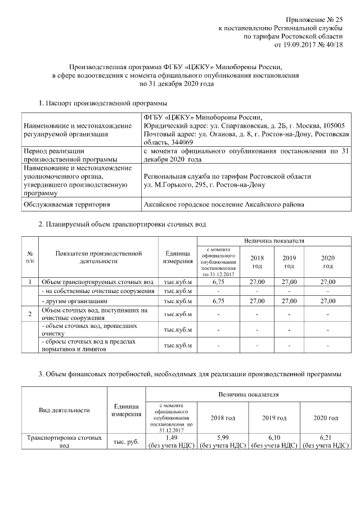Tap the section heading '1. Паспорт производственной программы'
point(102,103)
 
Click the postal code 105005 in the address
point(336,126)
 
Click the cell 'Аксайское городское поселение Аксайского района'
point(224,204)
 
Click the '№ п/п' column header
point(29,257)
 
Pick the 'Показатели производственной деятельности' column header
point(98,257)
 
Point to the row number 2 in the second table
point(29,313)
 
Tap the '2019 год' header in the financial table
point(274,418)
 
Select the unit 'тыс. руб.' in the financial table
point(125,442)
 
